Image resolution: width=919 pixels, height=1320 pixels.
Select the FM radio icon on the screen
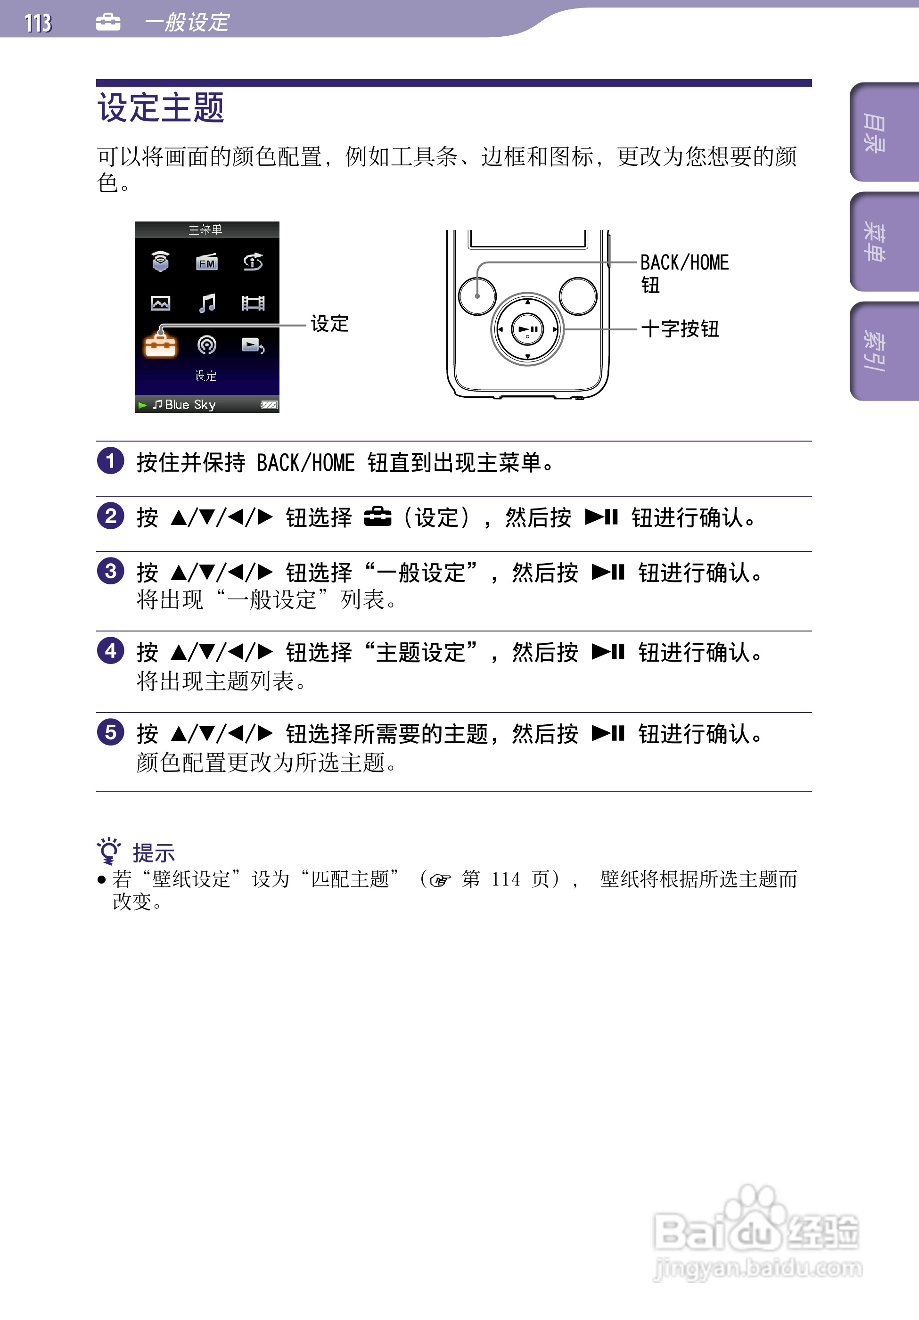206,262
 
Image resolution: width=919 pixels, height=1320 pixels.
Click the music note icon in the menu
206,303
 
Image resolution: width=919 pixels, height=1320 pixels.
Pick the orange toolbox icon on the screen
160,345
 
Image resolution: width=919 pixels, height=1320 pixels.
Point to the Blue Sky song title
190,405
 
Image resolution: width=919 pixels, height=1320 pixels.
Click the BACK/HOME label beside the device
684,263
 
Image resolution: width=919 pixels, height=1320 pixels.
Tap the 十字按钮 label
680,329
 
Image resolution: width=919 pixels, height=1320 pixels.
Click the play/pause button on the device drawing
527,329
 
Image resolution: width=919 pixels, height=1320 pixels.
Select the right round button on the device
577,296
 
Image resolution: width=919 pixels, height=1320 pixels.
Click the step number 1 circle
110,460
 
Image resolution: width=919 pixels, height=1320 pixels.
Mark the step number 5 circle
110,732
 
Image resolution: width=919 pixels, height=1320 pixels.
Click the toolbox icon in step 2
377,517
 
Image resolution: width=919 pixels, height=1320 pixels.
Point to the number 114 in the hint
506,879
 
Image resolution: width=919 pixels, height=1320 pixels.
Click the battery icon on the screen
269,405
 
